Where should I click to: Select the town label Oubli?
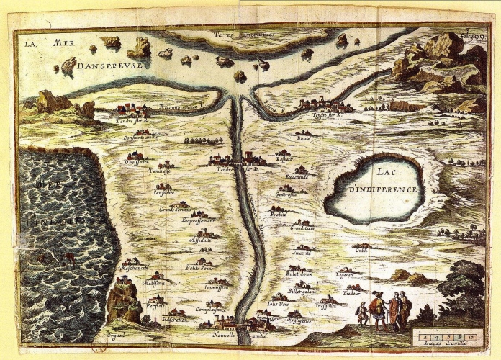point(361,251)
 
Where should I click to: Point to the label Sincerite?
point(302,253)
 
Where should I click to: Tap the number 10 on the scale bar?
point(470,336)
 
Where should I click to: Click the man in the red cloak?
point(376,308)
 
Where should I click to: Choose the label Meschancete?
point(134,266)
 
